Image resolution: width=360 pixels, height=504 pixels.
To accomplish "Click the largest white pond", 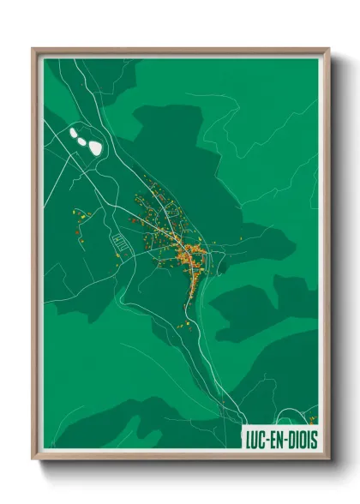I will pos(94,147).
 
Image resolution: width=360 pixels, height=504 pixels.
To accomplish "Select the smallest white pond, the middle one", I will pos(84,138).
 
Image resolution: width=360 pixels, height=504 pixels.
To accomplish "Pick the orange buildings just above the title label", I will pos(311,419).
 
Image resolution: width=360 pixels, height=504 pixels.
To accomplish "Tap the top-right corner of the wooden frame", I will pos(328,50).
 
